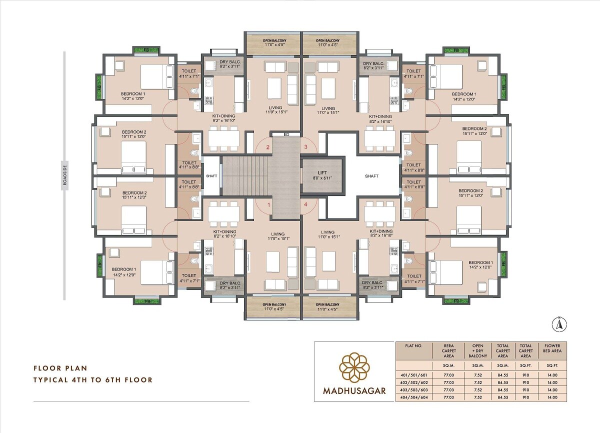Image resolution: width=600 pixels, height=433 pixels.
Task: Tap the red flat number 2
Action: pyautogui.click(x=268, y=147)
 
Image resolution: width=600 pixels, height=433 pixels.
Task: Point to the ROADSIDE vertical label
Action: pyautogui.click(x=64, y=175)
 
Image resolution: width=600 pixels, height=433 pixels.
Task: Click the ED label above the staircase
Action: pyautogui.click(x=286, y=134)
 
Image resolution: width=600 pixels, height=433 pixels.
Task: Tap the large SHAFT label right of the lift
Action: pyautogui.click(x=372, y=176)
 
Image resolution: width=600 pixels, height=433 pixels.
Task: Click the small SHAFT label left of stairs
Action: pyautogui.click(x=211, y=176)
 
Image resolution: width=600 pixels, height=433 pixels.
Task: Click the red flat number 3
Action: pyautogui.click(x=306, y=147)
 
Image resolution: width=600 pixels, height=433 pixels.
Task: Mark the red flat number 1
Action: pyautogui.click(x=268, y=204)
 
